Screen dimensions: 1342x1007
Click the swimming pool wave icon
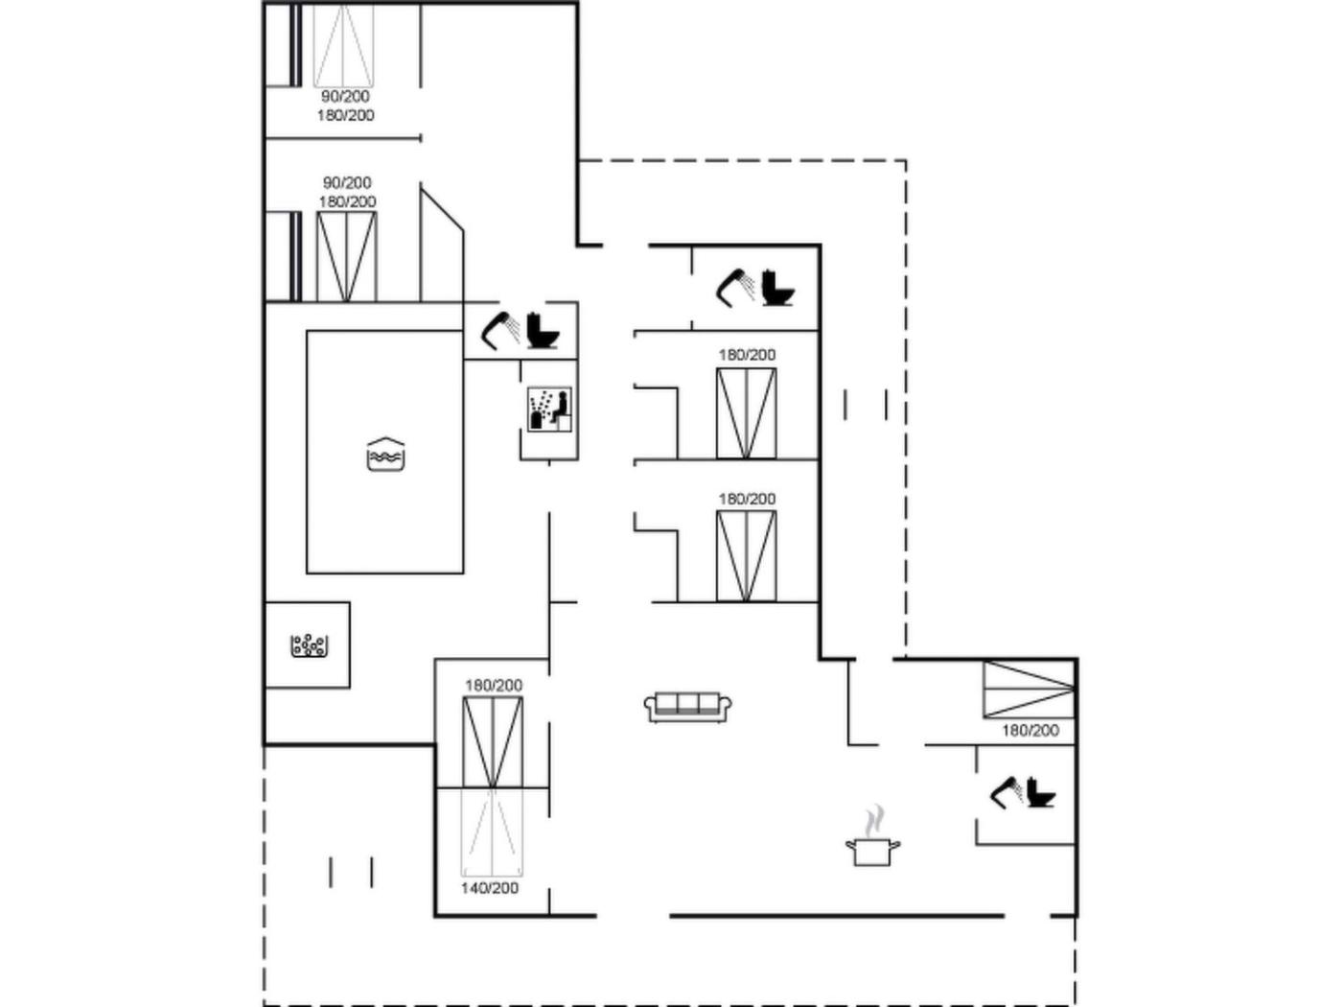(x=385, y=454)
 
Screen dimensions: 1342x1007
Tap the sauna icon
(x=549, y=409)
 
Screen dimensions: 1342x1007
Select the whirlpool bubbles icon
(x=309, y=645)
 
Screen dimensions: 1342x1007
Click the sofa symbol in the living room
(x=688, y=708)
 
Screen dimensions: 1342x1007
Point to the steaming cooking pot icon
(x=872, y=836)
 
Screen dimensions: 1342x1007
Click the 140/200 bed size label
(x=489, y=888)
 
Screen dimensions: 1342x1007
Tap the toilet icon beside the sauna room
(x=543, y=331)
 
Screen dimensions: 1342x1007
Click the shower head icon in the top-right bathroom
(x=735, y=287)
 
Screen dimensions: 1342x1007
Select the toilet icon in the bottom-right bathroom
(x=1042, y=792)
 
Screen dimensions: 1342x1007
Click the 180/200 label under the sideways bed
(x=1030, y=730)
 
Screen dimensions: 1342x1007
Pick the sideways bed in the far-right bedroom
(x=1029, y=689)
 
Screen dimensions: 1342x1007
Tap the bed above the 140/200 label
(x=492, y=832)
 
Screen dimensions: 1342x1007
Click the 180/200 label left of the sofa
(x=494, y=686)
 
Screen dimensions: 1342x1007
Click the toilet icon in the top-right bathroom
(x=776, y=288)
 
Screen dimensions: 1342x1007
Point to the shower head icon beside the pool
(x=499, y=331)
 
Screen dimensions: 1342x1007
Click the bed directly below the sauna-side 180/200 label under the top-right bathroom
(x=746, y=413)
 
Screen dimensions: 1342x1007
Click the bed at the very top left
(x=343, y=45)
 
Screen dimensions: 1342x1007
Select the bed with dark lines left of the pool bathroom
(x=346, y=257)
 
